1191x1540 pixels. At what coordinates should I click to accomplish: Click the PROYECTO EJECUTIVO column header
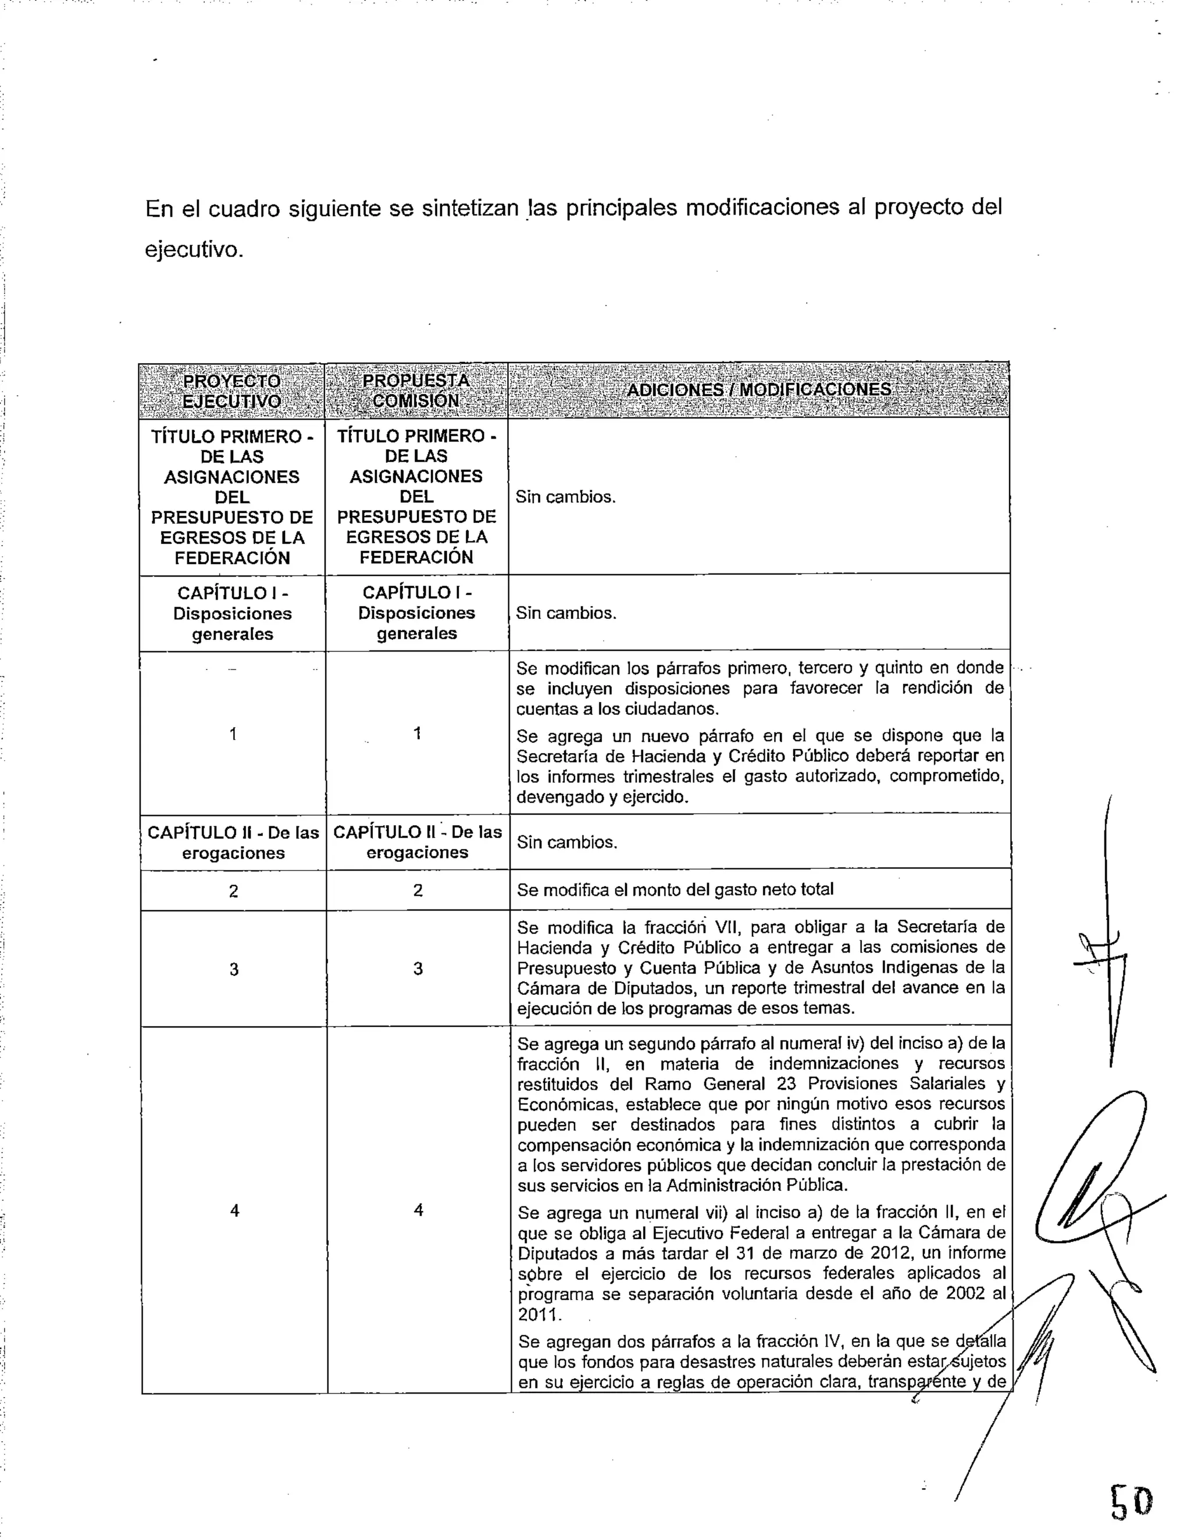coord(231,391)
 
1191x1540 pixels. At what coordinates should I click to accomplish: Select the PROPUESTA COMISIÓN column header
coord(416,391)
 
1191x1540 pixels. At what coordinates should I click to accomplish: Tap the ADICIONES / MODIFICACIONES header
coord(758,390)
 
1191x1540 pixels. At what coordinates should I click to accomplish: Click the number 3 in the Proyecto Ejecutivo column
coord(234,969)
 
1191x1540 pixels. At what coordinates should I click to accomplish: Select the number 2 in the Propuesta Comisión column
coord(418,890)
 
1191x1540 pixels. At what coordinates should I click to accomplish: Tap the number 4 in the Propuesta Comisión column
coord(418,1210)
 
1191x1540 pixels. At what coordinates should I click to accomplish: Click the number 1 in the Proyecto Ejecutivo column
coord(233,734)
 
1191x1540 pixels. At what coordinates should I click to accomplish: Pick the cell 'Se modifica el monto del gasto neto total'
coord(675,889)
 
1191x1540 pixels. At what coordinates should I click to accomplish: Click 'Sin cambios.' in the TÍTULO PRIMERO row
coord(565,497)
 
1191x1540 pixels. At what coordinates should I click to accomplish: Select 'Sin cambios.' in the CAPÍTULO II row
coord(566,842)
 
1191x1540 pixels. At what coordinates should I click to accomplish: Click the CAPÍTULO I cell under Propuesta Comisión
coord(416,613)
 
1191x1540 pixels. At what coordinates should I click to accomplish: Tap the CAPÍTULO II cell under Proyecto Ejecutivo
coord(233,843)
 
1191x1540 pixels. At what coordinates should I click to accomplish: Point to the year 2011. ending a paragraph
coord(539,1315)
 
